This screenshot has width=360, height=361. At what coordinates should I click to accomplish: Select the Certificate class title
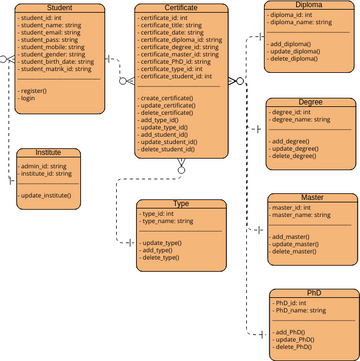[181, 8]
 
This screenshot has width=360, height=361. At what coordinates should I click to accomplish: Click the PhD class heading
[315, 294]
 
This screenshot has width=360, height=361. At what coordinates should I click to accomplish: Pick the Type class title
[181, 203]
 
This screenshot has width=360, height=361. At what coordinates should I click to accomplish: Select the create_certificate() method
[174, 99]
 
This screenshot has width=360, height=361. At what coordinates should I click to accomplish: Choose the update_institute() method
[46, 195]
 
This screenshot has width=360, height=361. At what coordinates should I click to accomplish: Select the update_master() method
[296, 243]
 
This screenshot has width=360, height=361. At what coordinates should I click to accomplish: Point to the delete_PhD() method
[294, 345]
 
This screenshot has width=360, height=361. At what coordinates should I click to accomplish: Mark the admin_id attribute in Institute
[42, 165]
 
